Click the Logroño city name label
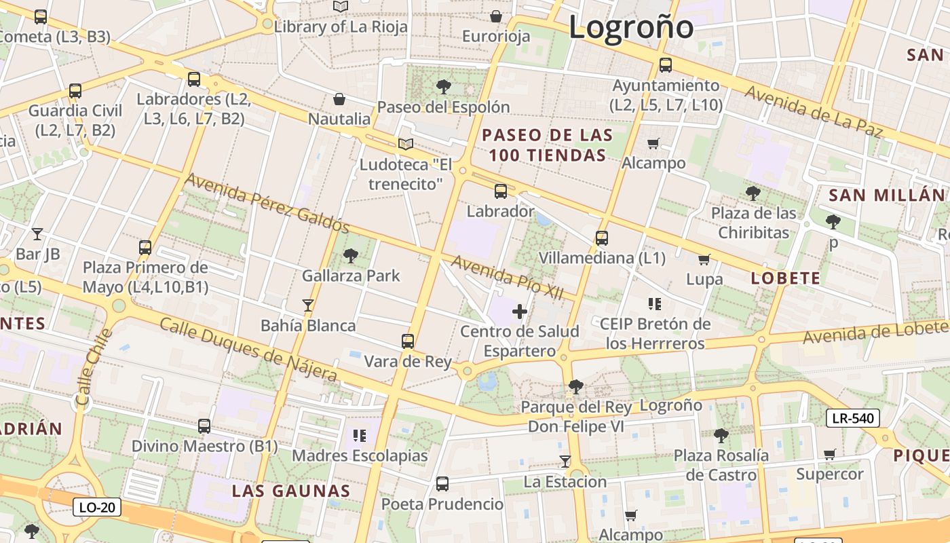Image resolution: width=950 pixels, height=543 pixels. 631,27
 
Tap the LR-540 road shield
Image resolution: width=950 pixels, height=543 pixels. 852,418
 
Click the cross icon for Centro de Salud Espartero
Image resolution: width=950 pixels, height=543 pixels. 520,312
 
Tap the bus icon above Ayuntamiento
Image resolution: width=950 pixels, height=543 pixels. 665,65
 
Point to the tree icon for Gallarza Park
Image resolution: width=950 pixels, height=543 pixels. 351,256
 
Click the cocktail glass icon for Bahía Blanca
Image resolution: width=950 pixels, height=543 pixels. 308,305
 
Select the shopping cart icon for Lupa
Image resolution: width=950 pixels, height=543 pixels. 704,259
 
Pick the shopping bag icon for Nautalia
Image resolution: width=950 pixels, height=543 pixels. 339,100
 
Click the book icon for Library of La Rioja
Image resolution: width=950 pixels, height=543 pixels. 340,7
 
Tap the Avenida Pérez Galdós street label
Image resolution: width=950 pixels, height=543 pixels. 267,202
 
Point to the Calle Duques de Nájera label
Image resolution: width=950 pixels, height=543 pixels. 248,349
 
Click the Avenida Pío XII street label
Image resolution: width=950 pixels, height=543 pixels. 508,275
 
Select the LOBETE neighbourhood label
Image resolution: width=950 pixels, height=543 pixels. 786,278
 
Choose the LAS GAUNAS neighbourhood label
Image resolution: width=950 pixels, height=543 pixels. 291,491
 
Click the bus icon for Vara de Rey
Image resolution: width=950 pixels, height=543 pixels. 407,341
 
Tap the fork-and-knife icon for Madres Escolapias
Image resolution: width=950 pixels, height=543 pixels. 360,435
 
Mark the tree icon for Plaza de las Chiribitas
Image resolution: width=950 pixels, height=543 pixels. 753,193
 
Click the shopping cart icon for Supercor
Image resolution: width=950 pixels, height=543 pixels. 829,454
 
